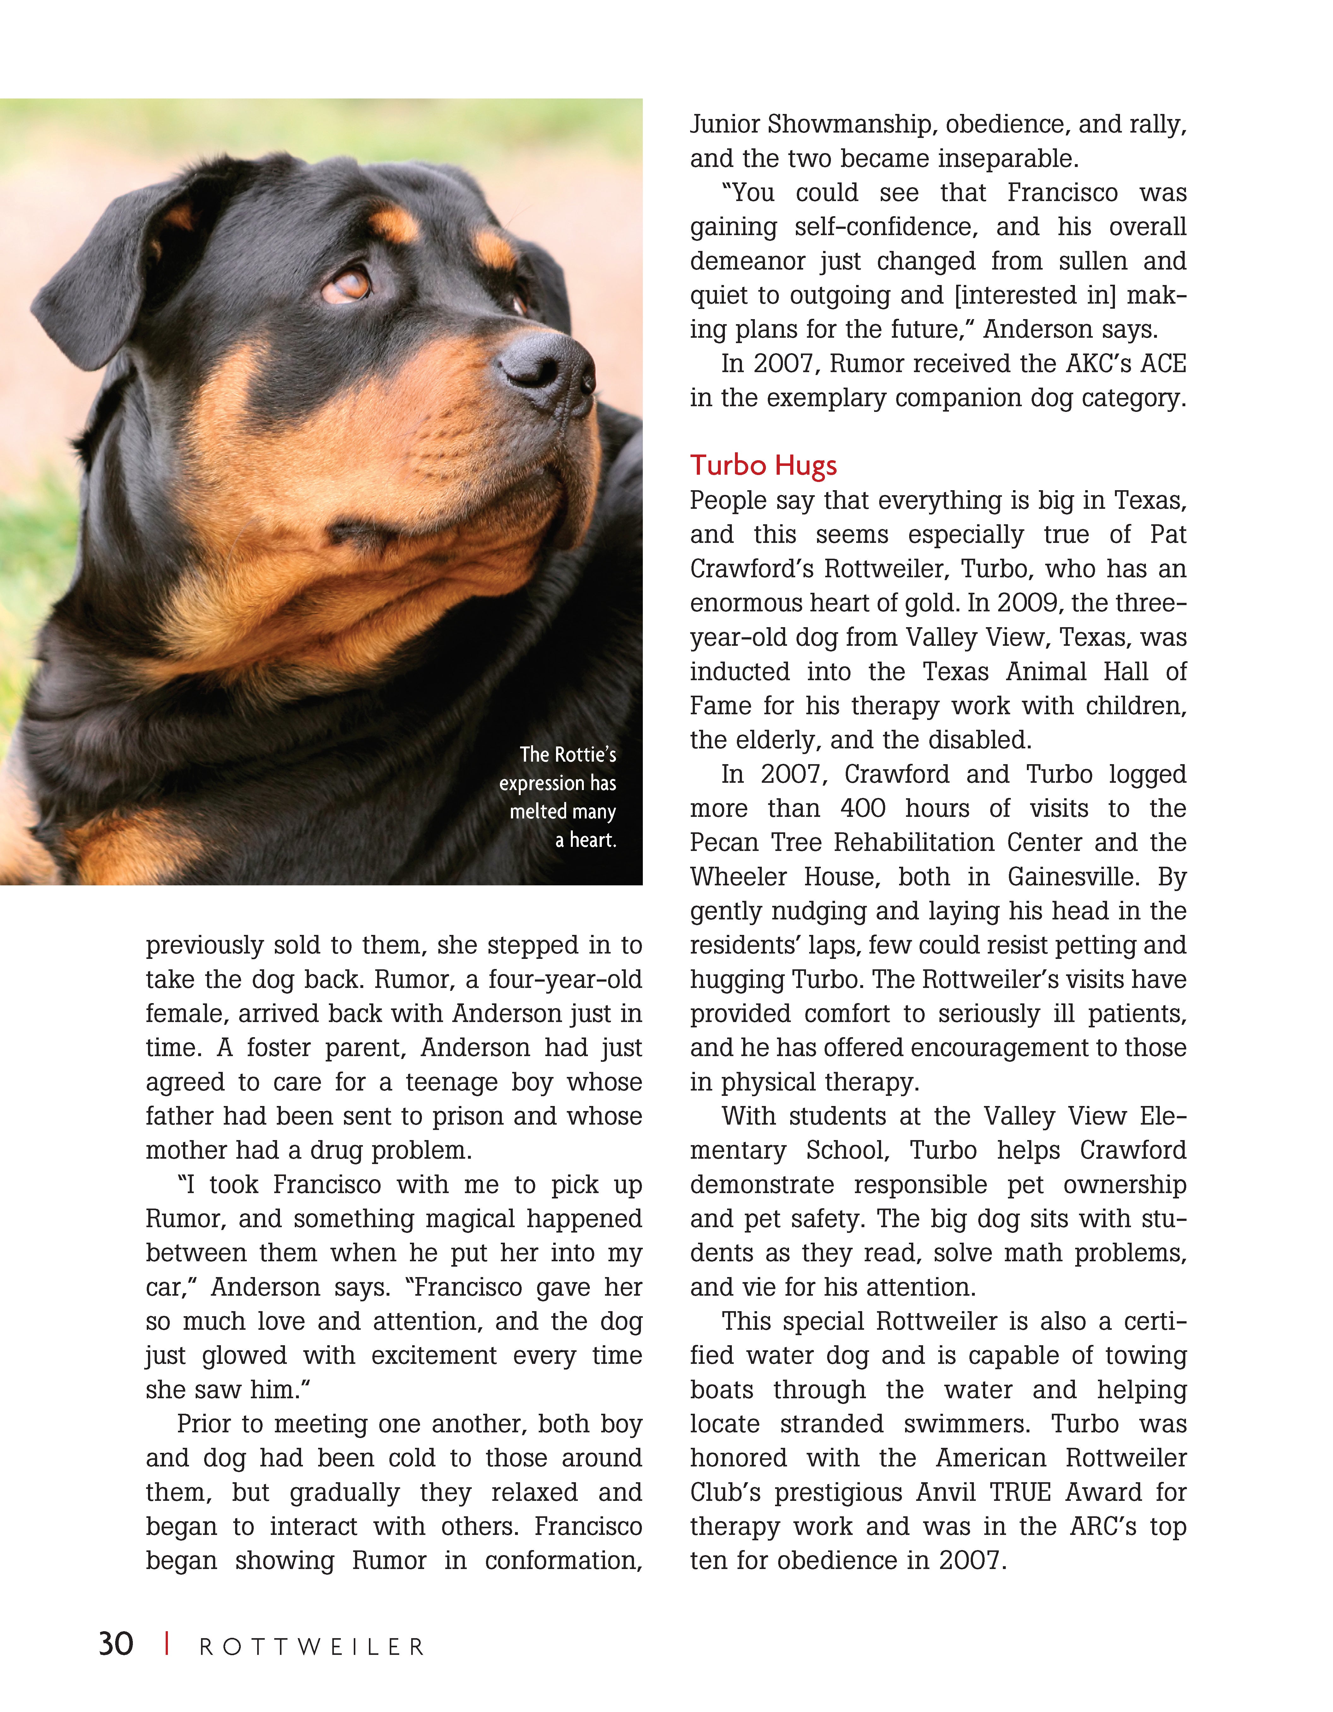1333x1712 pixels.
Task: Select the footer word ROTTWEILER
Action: [312, 1647]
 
